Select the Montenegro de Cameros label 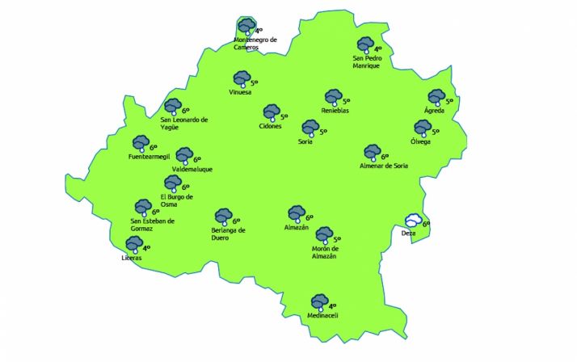point(255,43)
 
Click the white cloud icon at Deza point(413,221)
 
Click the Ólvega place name point(420,142)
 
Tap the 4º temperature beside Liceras point(147,248)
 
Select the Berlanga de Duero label point(222,234)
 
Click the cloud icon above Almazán point(297,214)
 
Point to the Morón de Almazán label point(323,252)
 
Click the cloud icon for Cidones point(271,113)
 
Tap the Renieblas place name point(335,111)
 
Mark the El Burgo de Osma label point(176,200)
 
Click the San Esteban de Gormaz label point(153,224)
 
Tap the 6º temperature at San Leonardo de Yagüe point(185,111)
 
